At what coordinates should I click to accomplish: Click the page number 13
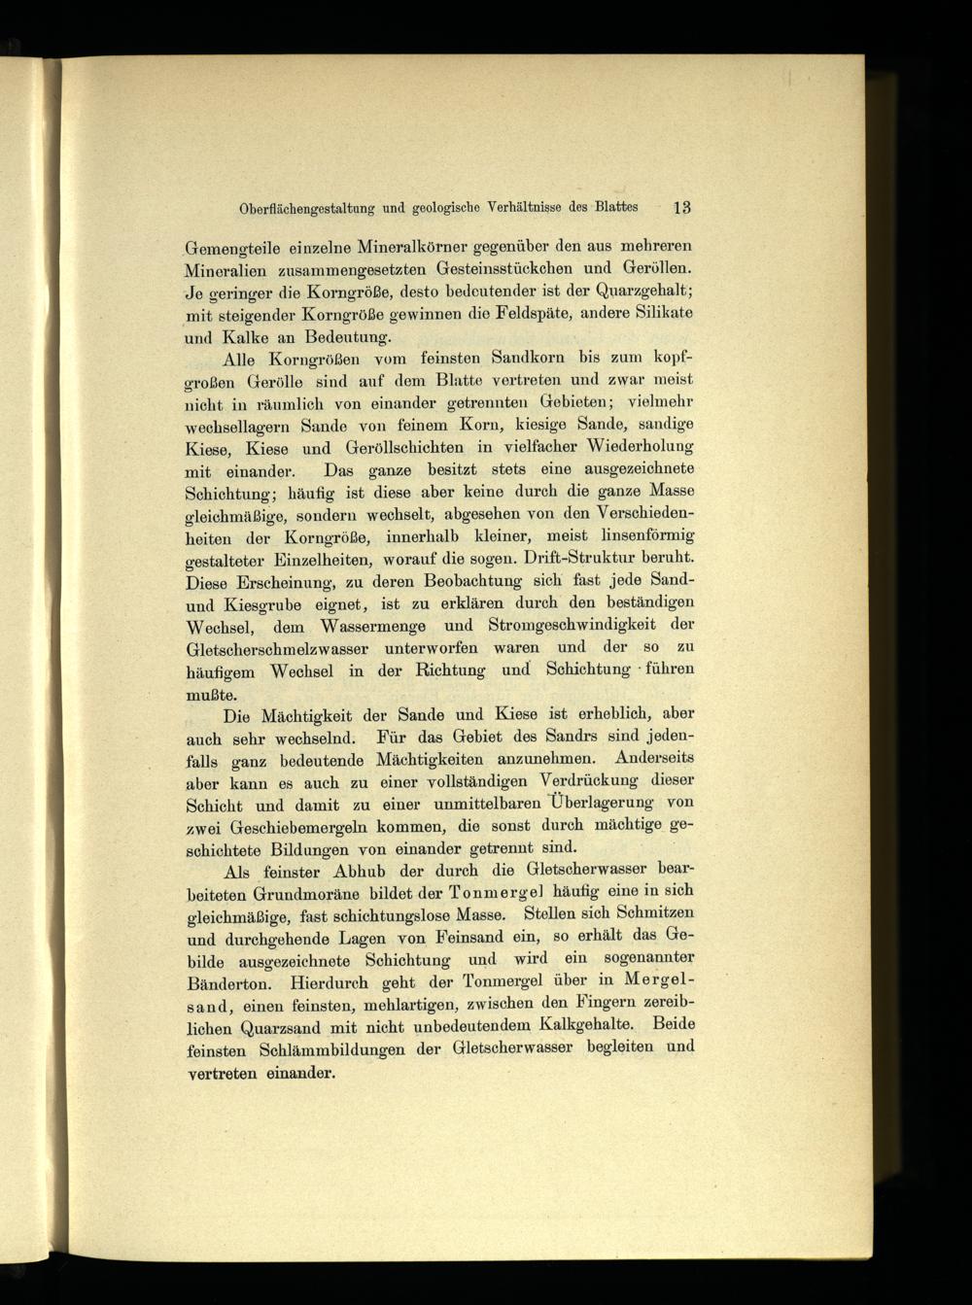point(680,207)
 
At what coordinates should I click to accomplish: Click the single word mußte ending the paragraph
point(209,694)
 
